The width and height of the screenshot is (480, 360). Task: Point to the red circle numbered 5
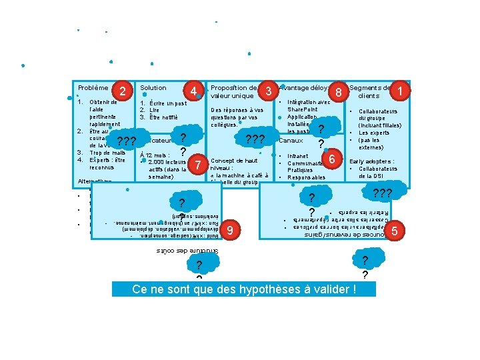tap(395, 231)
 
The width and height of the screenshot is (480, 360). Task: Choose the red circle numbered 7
tap(197, 164)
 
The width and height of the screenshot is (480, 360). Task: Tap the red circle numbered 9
tap(230, 230)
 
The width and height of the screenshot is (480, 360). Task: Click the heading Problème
tap(93, 88)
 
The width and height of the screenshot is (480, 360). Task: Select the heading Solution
tap(153, 88)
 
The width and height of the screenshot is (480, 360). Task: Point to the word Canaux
tap(290, 141)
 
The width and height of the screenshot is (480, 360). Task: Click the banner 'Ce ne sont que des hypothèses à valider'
tap(244, 290)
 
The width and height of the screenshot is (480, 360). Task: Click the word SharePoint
tap(303, 109)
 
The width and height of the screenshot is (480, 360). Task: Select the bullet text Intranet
tap(298, 156)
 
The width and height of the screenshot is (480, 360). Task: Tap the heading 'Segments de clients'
tap(370, 92)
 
